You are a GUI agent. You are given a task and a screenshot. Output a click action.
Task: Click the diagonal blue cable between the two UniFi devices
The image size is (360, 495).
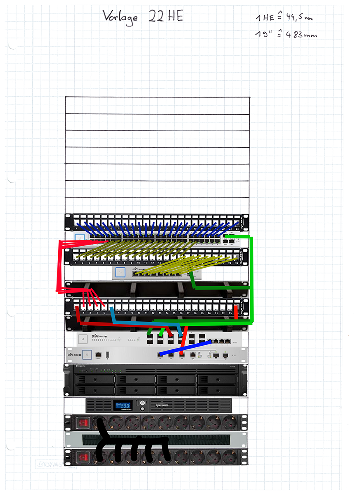[186, 349]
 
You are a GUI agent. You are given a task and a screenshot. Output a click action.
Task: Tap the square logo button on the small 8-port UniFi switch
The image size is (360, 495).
[120, 272]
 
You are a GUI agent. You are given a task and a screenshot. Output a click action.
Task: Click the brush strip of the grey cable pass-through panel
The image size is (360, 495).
[157, 440]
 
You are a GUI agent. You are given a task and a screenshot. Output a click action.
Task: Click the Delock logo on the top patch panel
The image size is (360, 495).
[242, 222]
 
